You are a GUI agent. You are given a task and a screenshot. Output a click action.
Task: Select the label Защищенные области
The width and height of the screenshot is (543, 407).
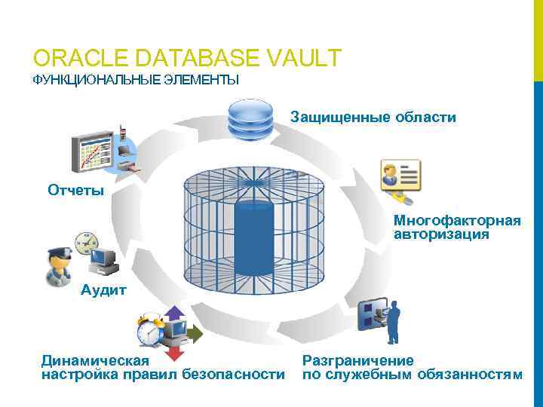(x=373, y=118)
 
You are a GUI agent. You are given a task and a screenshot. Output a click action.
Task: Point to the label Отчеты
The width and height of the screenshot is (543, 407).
(x=76, y=190)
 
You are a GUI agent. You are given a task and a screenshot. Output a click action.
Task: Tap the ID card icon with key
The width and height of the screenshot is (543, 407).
(x=400, y=179)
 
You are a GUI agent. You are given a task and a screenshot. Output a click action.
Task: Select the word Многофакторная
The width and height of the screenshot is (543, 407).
(x=456, y=221)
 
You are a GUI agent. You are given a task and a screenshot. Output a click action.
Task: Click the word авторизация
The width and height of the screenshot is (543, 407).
(x=440, y=234)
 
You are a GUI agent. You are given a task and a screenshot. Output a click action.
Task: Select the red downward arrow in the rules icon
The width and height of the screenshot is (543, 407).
(x=175, y=351)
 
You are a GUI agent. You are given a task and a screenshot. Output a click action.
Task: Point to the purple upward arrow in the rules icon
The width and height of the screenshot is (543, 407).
(x=175, y=314)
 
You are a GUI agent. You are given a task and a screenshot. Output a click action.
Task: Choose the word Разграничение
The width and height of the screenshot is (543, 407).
(x=358, y=360)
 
